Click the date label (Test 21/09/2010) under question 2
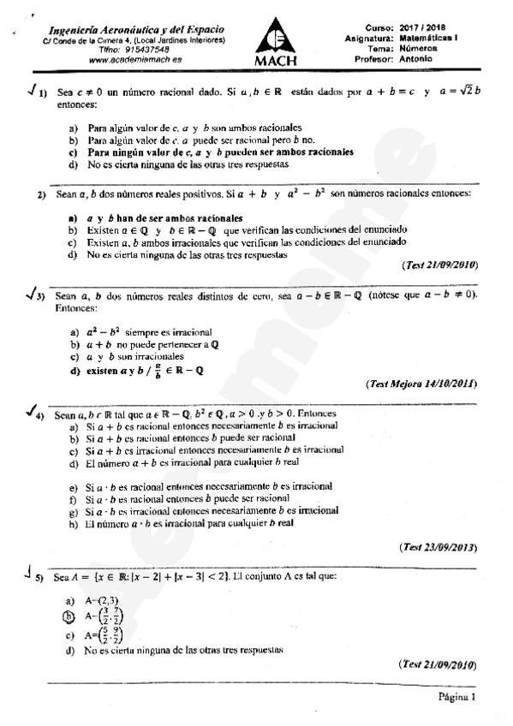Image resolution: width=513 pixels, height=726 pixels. (x=437, y=265)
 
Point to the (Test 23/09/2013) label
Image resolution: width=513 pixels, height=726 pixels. (x=437, y=546)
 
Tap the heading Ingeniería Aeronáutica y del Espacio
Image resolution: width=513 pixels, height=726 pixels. (x=137, y=28)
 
